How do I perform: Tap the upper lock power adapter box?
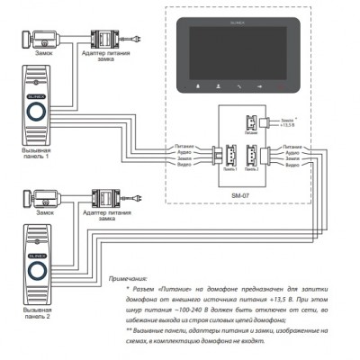click(106, 41)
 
